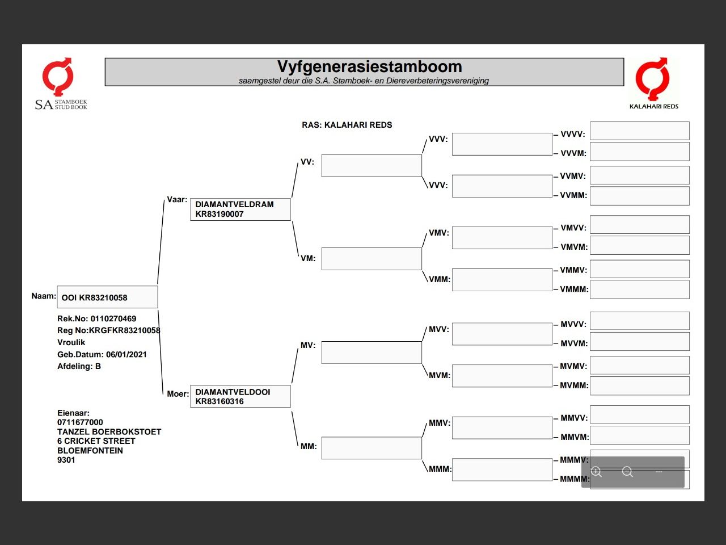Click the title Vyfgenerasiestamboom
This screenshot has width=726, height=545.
(x=369, y=67)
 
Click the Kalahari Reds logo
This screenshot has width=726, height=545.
(x=653, y=83)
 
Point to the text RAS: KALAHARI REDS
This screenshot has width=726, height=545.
(x=347, y=125)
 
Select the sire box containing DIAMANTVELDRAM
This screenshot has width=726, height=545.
(x=240, y=209)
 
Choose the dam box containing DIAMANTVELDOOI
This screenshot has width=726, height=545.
(x=240, y=396)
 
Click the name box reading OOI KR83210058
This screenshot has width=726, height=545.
(x=107, y=297)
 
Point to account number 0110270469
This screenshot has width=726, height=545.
(x=113, y=318)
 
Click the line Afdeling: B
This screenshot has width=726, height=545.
(x=79, y=366)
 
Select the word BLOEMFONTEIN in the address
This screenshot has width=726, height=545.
(x=90, y=450)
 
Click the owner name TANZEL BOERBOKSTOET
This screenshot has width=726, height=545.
(x=109, y=431)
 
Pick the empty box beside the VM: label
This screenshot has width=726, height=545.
(x=372, y=259)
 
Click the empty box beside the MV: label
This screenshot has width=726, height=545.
(x=372, y=353)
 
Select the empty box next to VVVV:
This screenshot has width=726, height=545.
(x=639, y=131)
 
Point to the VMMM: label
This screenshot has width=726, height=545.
(x=574, y=289)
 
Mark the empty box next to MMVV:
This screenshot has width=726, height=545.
(x=639, y=415)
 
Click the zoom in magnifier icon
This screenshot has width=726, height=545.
(x=597, y=472)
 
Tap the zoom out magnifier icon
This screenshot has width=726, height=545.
(x=627, y=472)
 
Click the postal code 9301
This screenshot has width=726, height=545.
(x=66, y=460)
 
